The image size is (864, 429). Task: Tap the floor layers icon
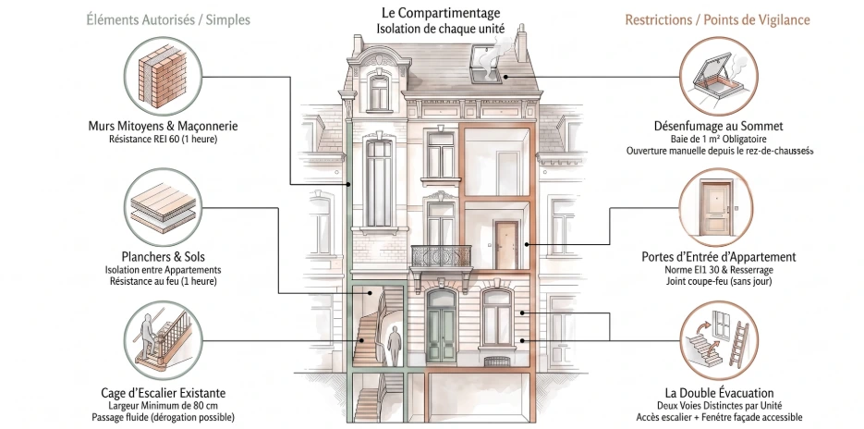[163, 207]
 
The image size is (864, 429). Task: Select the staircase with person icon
[163, 340]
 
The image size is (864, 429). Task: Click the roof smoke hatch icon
[718, 76]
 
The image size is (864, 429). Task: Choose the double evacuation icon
[718, 340]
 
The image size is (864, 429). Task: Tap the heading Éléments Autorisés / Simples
[168, 19]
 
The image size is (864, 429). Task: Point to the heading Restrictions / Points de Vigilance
[717, 19]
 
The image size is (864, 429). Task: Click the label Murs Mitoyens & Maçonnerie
[164, 126]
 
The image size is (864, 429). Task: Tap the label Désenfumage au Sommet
[719, 126]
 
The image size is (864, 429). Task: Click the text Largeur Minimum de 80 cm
[164, 406]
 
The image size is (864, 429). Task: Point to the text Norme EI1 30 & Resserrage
[719, 270]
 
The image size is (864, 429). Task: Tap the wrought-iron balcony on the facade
[442, 257]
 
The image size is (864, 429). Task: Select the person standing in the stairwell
[394, 345]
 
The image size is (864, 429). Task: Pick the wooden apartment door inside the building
[505, 245]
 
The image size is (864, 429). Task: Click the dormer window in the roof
[379, 91]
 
